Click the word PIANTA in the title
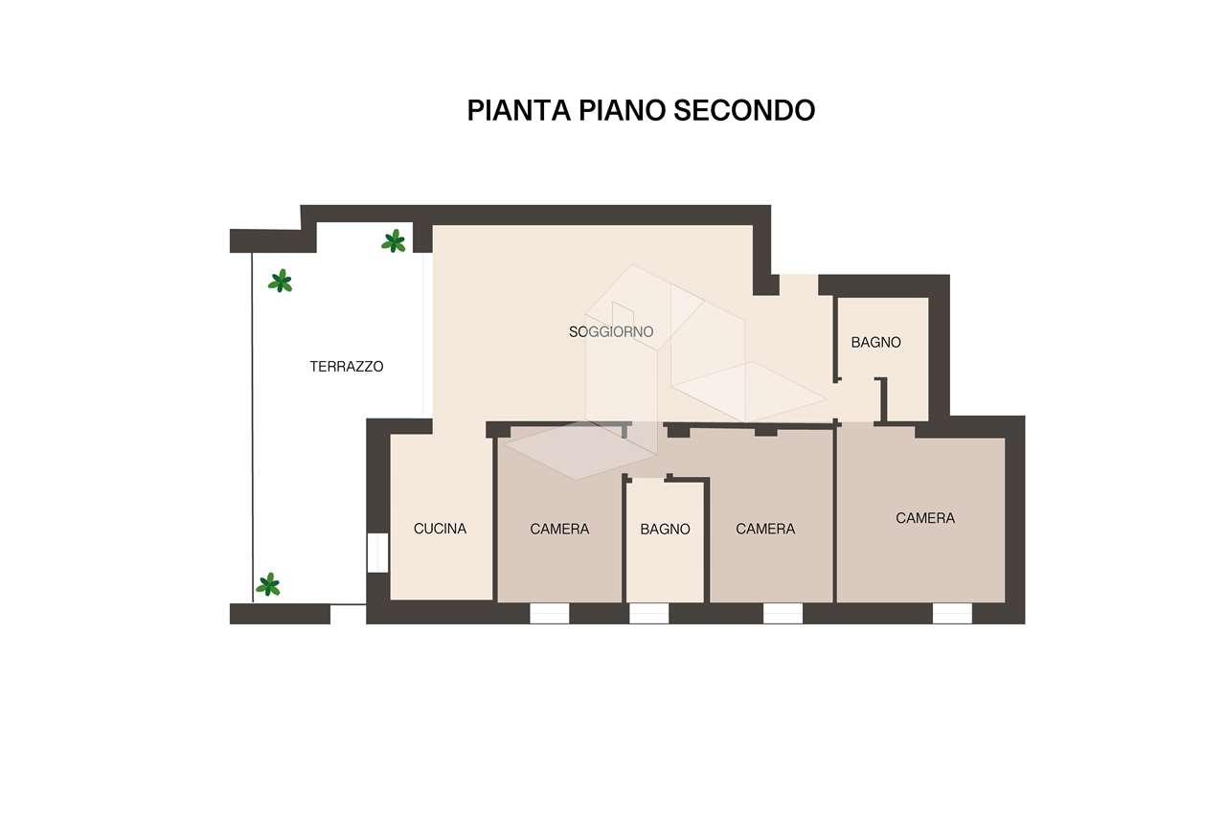519,110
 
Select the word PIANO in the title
623,110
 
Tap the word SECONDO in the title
744,110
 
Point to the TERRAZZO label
347,366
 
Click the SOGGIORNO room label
611,331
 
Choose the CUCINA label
440,529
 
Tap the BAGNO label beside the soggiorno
875,342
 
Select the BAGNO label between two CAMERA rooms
665,529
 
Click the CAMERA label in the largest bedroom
925,518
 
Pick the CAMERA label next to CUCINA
559,529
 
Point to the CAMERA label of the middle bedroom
765,529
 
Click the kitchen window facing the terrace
377,553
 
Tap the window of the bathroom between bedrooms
649,613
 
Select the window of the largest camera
952,613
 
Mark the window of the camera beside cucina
550,613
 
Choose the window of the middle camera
783,613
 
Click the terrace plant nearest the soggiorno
394,241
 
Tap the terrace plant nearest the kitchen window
268,584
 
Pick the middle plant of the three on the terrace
281,281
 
